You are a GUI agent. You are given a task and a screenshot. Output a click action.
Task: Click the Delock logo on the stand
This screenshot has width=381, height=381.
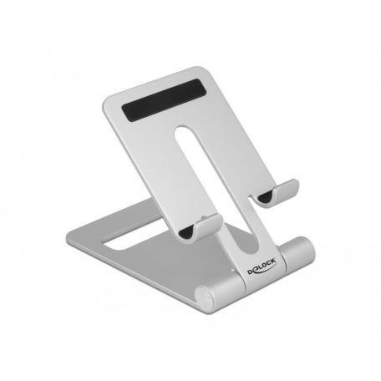[262, 267]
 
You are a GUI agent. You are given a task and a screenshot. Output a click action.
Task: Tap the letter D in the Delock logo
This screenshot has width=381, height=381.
[251, 272]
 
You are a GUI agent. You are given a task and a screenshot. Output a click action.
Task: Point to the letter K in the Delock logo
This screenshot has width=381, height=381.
[273, 261]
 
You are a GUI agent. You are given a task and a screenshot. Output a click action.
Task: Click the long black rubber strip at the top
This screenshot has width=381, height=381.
[165, 99]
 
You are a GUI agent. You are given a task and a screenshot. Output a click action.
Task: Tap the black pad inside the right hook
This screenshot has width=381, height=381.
[265, 198]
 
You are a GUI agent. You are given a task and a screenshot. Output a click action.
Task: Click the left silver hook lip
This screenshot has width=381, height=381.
[208, 225]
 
